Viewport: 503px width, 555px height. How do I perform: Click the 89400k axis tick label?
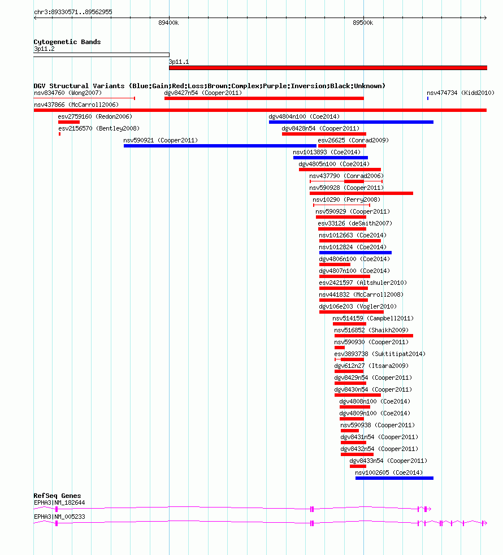tap(168, 23)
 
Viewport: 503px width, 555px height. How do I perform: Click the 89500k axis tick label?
tap(363, 23)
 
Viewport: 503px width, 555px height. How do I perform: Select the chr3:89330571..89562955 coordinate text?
tap(73, 12)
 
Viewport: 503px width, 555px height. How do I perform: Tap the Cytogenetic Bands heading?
tap(67, 42)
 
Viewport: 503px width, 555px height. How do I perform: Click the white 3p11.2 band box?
tap(101, 55)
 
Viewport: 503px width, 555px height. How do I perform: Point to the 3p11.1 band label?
tap(179, 62)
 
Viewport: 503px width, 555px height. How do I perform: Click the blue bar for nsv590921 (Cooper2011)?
tap(220, 146)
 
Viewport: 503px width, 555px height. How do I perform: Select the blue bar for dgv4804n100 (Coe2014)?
tap(351, 122)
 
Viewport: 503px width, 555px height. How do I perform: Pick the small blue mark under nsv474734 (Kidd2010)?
tap(428, 98)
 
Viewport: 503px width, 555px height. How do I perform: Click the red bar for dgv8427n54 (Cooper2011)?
tap(264, 98)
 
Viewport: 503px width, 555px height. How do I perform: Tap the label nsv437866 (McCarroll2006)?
tap(76, 105)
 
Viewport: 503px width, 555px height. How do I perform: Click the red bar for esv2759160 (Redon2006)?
tap(69, 122)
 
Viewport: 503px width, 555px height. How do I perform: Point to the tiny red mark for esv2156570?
tap(59, 134)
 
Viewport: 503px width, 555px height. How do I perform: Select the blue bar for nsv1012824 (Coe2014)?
tap(355, 253)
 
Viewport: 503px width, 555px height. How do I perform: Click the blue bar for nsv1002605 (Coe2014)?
tap(394, 478)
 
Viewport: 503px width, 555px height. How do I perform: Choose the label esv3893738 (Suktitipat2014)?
tap(380, 354)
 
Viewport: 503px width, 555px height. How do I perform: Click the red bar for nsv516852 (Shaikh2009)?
tap(374, 336)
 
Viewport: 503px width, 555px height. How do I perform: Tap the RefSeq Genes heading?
tap(57, 496)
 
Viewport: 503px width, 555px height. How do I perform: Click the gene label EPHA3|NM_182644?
tap(59, 502)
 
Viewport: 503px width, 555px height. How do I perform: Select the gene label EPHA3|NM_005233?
tap(59, 517)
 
